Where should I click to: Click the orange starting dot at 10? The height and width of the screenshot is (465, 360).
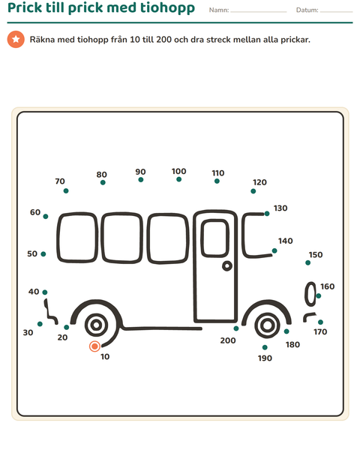pyautogui.click(x=94, y=346)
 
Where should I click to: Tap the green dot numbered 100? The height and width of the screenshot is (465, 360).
pyautogui.click(x=178, y=179)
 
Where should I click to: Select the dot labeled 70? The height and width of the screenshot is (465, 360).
pyautogui.click(x=66, y=191)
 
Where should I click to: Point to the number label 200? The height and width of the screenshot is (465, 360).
pyautogui.click(x=228, y=340)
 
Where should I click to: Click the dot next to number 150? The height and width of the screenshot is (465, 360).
pyautogui.click(x=307, y=262)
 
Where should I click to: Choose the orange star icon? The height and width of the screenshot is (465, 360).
pyautogui.click(x=16, y=39)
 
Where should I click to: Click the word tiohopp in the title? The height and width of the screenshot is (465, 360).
pyautogui.click(x=167, y=8)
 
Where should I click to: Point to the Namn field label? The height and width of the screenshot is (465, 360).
pyautogui.click(x=219, y=10)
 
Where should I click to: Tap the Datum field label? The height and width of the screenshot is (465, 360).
pyautogui.click(x=307, y=10)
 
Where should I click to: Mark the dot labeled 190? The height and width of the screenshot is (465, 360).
pyautogui.click(x=265, y=347)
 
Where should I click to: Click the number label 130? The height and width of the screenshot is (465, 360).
pyautogui.click(x=280, y=208)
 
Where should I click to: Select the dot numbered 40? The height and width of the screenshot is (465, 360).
pyautogui.click(x=45, y=292)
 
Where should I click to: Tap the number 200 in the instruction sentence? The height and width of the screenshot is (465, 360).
pyautogui.click(x=163, y=40)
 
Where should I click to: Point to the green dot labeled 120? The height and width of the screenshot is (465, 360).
pyautogui.click(x=253, y=191)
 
